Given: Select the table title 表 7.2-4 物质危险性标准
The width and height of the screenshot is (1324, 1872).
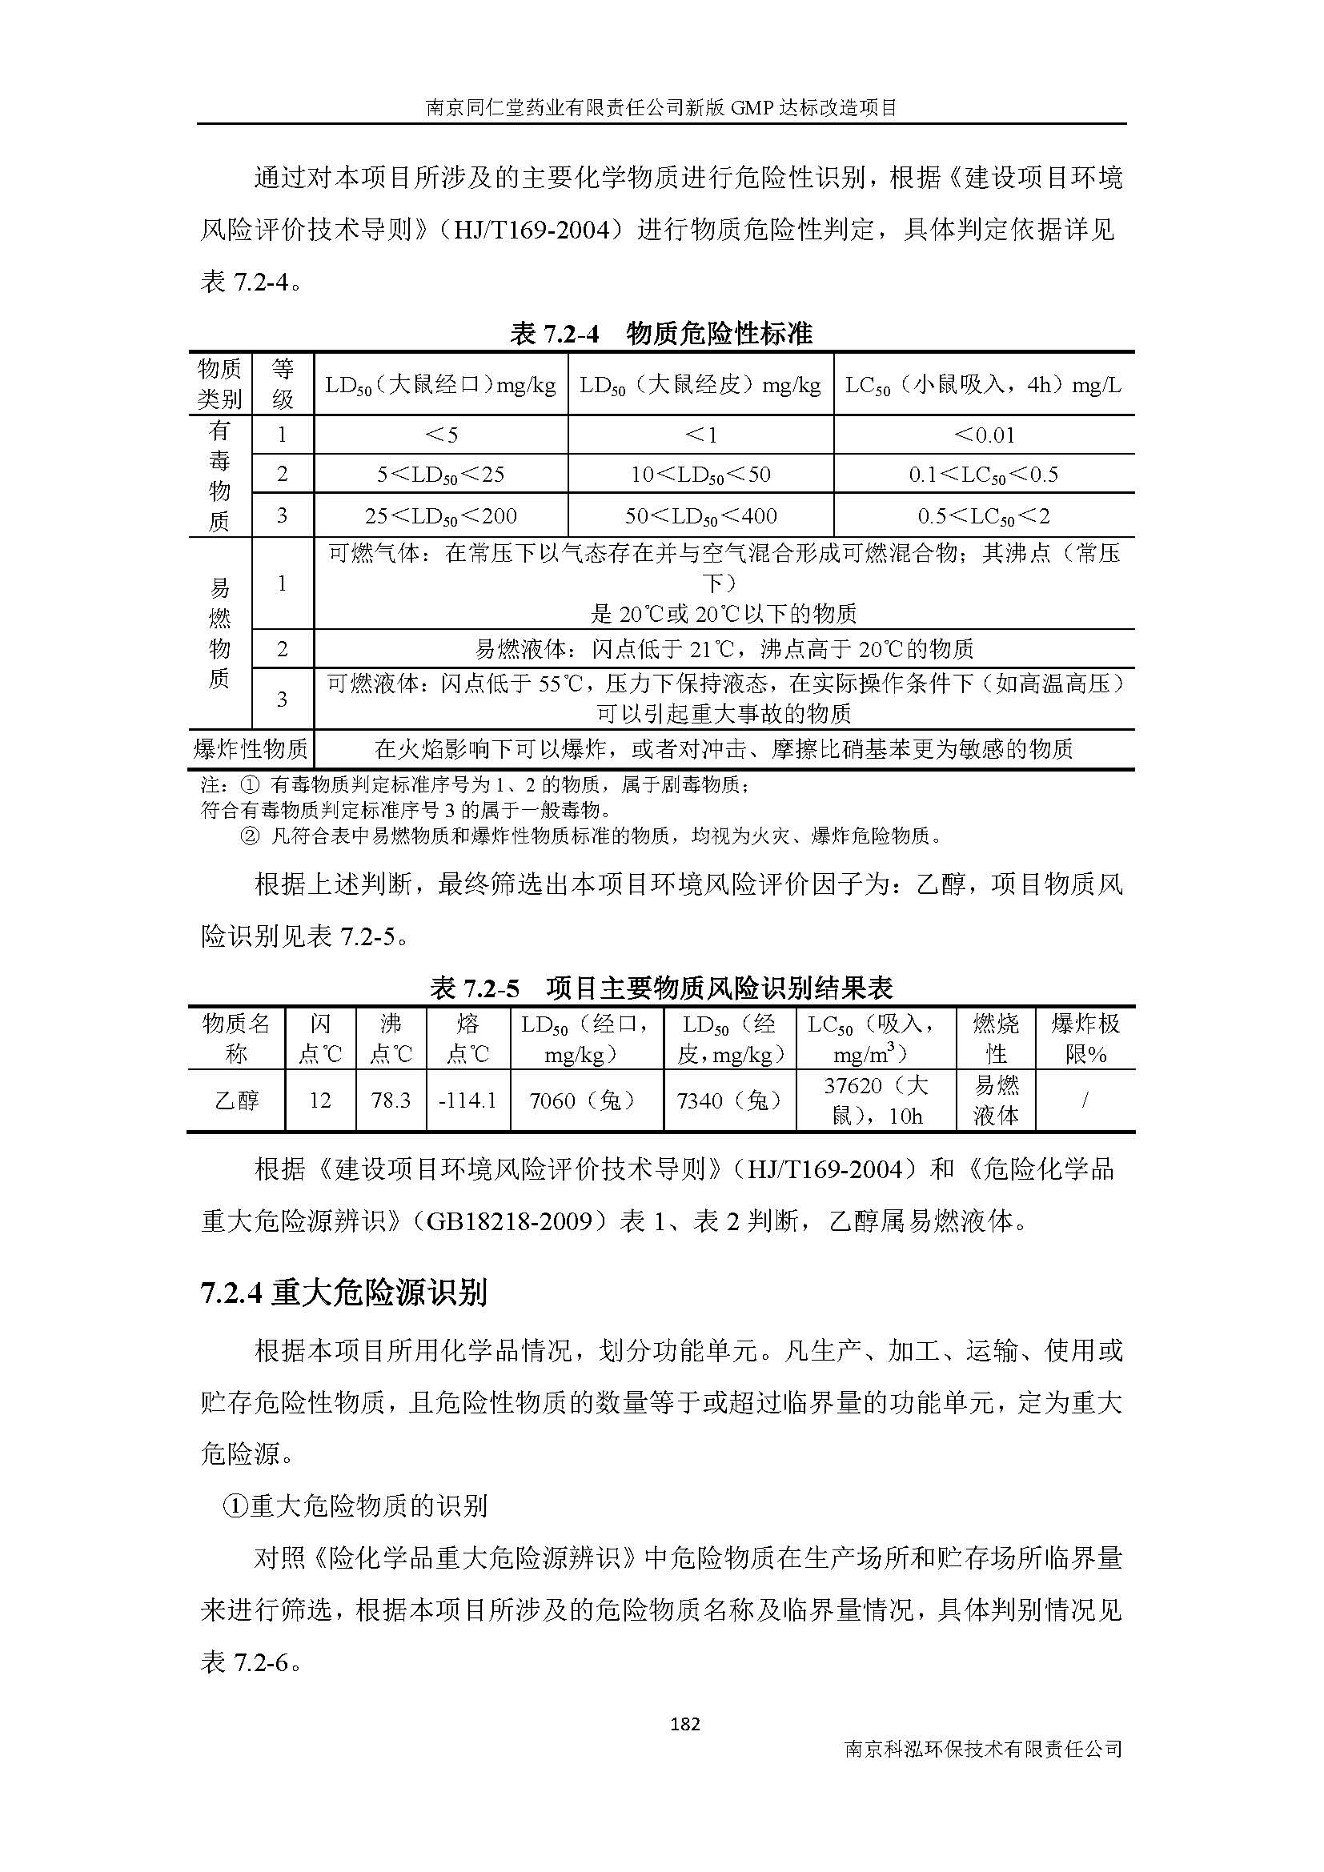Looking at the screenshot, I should point(661,333).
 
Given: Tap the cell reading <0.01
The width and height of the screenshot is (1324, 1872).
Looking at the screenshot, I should point(984,435).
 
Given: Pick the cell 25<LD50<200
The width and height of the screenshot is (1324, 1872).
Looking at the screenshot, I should point(440,515).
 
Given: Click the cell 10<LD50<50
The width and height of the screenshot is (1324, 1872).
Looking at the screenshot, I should point(700,475).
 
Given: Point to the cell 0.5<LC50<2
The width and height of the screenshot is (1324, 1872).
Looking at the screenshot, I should point(984,515).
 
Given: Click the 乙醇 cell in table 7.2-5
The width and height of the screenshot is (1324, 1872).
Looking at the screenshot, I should point(236,1100).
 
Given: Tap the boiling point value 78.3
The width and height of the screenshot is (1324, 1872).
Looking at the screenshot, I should point(391,1100).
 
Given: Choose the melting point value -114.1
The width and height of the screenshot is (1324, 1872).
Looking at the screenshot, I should point(468,1100).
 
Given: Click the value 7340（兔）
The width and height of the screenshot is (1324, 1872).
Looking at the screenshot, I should point(729,1100).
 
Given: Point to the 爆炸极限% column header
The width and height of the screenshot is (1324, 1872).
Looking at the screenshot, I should point(1085,1038).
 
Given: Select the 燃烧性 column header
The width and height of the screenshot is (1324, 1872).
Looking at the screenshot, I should point(996,1038).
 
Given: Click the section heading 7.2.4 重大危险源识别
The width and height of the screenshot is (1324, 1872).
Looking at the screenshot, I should point(343,1293).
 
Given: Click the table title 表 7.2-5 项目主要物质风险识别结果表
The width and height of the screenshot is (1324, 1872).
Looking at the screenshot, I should point(661,988).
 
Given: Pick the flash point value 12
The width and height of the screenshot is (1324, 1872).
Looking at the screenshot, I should point(319,1100).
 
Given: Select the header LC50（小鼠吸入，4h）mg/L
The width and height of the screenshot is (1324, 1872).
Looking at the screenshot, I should point(983,385).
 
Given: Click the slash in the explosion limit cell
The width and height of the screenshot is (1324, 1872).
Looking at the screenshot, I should point(1085,1100).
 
